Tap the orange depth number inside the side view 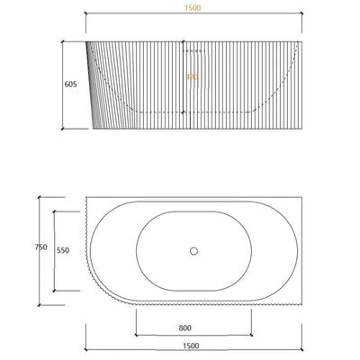tap(191, 77)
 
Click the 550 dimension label tap(63, 252)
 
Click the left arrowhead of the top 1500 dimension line tap(86, 17)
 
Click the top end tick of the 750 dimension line tap(40, 196)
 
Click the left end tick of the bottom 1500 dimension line tap(86, 350)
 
